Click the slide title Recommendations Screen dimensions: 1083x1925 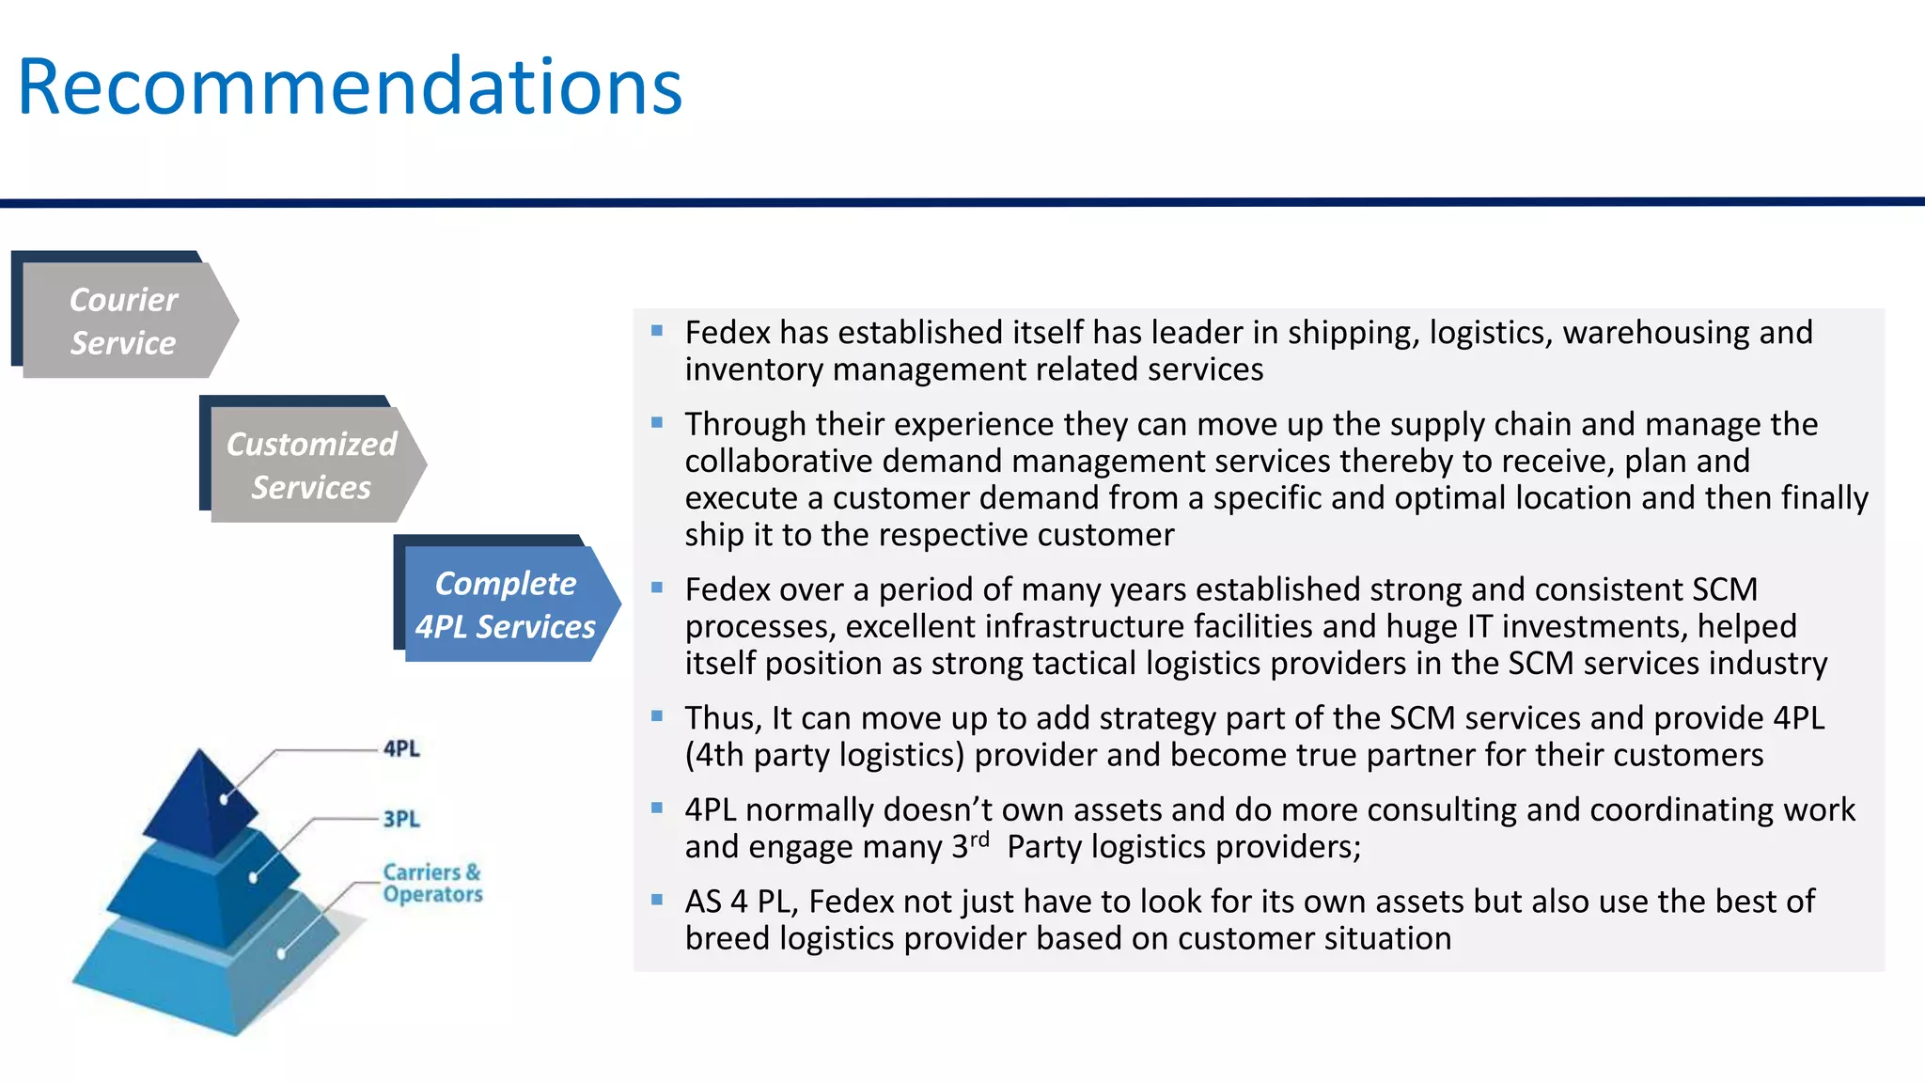click(350, 86)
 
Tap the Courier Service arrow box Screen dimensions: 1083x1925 click(124, 321)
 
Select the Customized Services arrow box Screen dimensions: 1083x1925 click(312, 465)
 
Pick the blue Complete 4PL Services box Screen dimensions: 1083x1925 click(506, 604)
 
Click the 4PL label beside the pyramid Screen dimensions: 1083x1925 click(401, 748)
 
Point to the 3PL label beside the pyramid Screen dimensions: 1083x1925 click(401, 819)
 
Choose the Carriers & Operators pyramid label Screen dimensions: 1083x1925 click(432, 883)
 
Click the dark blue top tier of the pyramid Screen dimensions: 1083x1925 click(199, 799)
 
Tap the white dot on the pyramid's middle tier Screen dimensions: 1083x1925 click(253, 878)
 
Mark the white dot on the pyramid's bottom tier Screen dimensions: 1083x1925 click(281, 953)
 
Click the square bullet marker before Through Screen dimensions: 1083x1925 click(657, 423)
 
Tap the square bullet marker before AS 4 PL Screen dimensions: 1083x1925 click(657, 900)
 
